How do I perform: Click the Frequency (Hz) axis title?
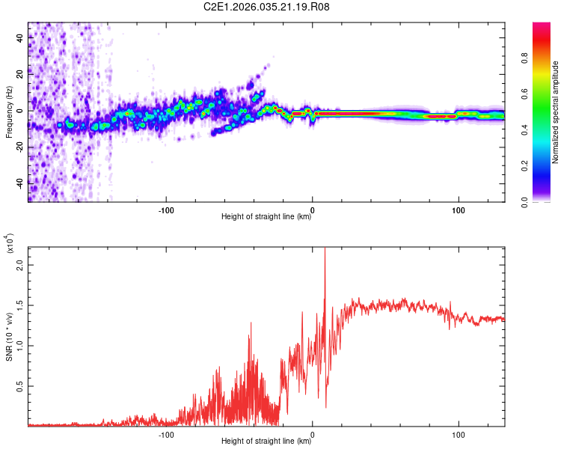8,112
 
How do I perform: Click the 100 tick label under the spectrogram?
458,209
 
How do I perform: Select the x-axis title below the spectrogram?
266,217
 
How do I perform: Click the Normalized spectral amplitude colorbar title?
555,112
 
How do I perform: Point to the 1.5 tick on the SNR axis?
20,305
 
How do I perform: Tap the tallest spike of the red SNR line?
325,250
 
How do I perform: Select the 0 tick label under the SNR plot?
313,433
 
